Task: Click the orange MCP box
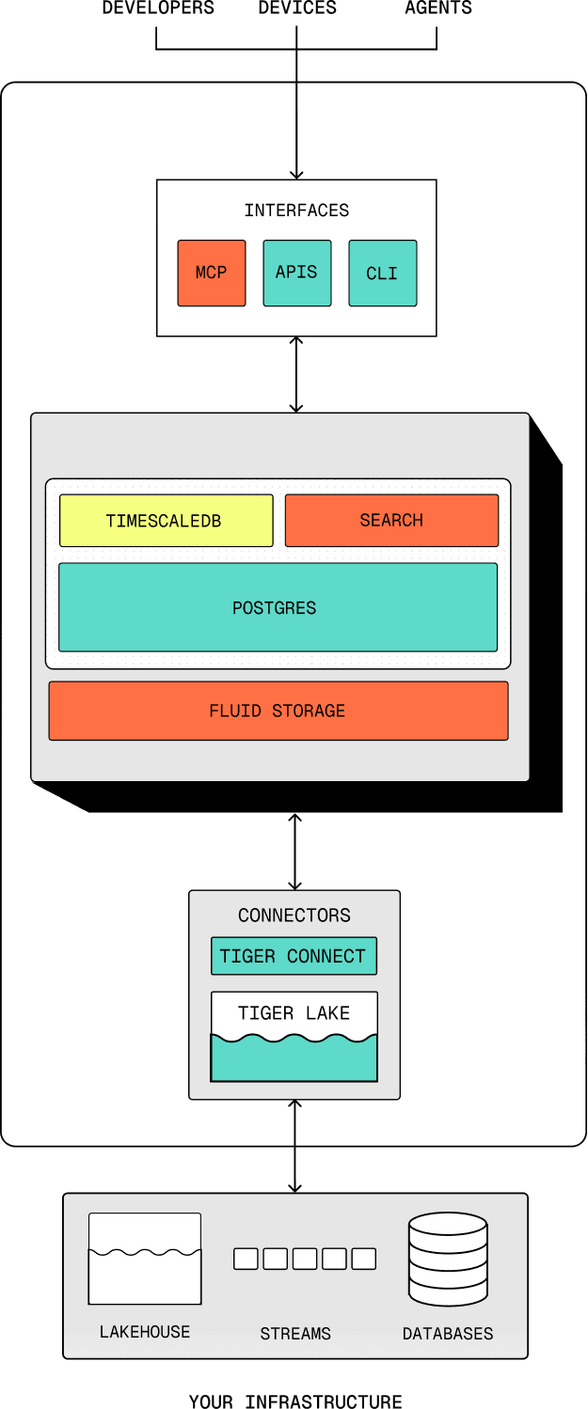tap(211, 273)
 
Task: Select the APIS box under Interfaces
tap(296, 273)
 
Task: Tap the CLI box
tap(382, 273)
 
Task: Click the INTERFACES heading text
tap(296, 211)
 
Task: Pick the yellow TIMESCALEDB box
tap(166, 521)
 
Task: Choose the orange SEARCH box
tap(391, 521)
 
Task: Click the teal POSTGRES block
tap(278, 607)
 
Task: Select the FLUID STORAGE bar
tap(278, 711)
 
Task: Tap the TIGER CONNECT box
tap(294, 956)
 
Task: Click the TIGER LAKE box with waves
tap(294, 1037)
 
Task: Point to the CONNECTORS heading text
tap(294, 916)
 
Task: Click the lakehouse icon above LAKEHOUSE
tap(145, 1259)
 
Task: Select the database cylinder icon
tap(448, 1259)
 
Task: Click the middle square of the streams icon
tap(305, 1259)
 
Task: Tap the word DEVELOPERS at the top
tap(158, 8)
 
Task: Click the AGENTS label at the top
tap(438, 8)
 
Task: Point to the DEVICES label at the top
tap(297, 8)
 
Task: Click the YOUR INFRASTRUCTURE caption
tap(295, 1401)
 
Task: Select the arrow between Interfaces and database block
tap(296, 374)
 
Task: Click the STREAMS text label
tap(295, 1334)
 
